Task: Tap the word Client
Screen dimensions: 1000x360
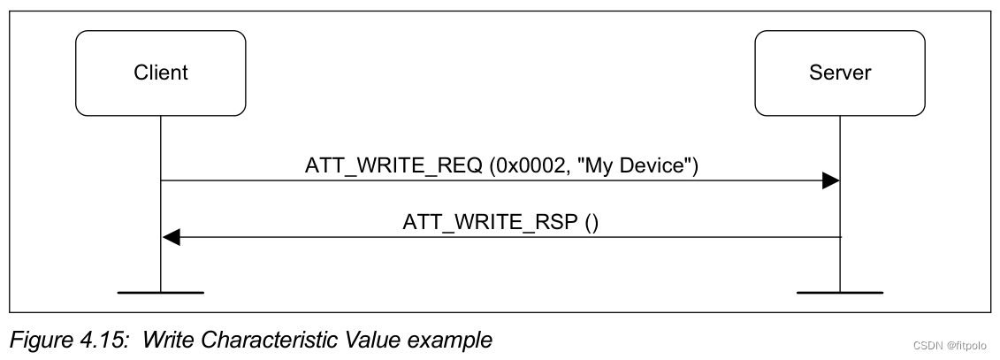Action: (160, 73)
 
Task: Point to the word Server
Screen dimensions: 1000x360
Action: (840, 73)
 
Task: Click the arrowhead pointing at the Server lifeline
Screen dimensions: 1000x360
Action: (830, 181)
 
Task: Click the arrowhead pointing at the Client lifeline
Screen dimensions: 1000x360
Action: (172, 237)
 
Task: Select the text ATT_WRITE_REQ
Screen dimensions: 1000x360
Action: (393, 165)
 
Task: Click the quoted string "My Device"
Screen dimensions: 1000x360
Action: (634, 165)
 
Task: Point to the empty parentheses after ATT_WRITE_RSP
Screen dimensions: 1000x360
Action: (591, 222)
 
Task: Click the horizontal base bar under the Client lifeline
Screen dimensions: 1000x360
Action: (161, 291)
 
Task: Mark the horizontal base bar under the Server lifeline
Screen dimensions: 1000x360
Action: (839, 291)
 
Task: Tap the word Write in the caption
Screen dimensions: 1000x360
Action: (166, 339)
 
